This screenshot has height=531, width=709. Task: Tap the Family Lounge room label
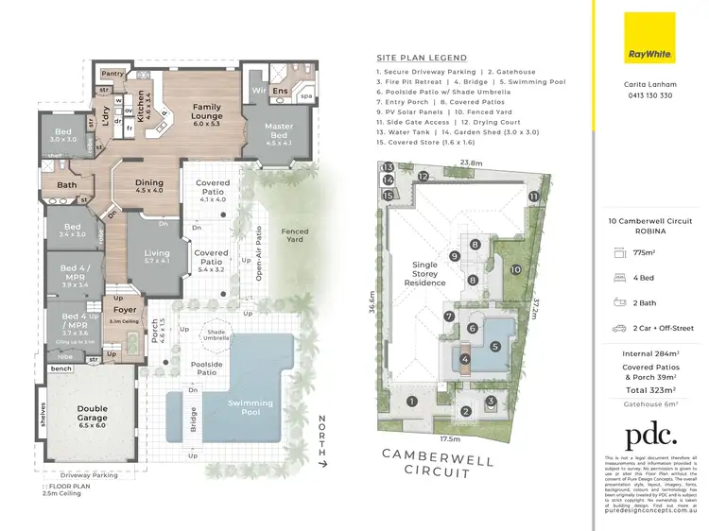tap(206, 112)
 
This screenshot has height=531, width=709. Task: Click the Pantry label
tap(112, 73)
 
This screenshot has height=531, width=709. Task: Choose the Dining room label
tap(148, 187)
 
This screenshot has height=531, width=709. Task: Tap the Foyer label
tap(125, 310)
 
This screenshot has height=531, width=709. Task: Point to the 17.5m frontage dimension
tap(449, 438)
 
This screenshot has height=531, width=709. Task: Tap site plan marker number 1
tap(412, 401)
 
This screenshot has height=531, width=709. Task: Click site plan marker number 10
tap(515, 269)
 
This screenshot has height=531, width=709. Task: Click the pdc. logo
tap(651, 436)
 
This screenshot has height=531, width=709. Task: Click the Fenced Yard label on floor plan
tap(294, 235)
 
